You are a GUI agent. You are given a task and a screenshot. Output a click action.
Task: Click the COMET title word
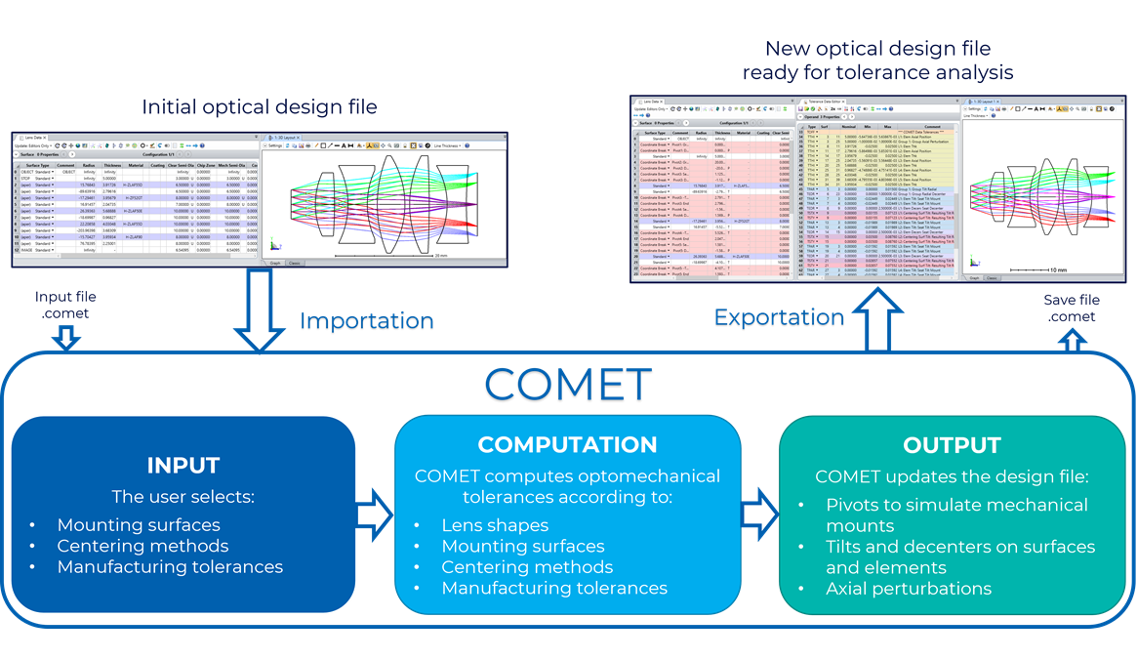(x=567, y=386)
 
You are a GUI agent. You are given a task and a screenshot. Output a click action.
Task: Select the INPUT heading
(x=183, y=465)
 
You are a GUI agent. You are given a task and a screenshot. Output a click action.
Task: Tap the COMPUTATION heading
(x=567, y=445)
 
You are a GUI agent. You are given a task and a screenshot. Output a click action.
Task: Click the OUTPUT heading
(x=952, y=445)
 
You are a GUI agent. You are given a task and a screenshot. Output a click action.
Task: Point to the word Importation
(x=366, y=321)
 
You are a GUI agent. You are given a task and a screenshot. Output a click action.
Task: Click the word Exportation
(x=779, y=317)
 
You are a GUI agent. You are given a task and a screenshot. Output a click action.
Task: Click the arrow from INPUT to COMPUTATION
(x=373, y=515)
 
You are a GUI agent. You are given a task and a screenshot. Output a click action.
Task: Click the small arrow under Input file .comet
(x=65, y=337)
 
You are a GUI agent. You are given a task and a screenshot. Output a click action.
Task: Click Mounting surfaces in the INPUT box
(x=138, y=525)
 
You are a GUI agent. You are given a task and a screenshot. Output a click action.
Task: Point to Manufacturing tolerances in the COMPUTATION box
(x=554, y=589)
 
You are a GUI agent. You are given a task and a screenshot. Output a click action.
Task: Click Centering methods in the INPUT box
(x=142, y=546)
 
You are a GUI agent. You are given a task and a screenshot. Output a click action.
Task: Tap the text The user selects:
(x=183, y=496)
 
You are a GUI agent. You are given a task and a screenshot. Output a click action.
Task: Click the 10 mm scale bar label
(x=1058, y=268)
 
